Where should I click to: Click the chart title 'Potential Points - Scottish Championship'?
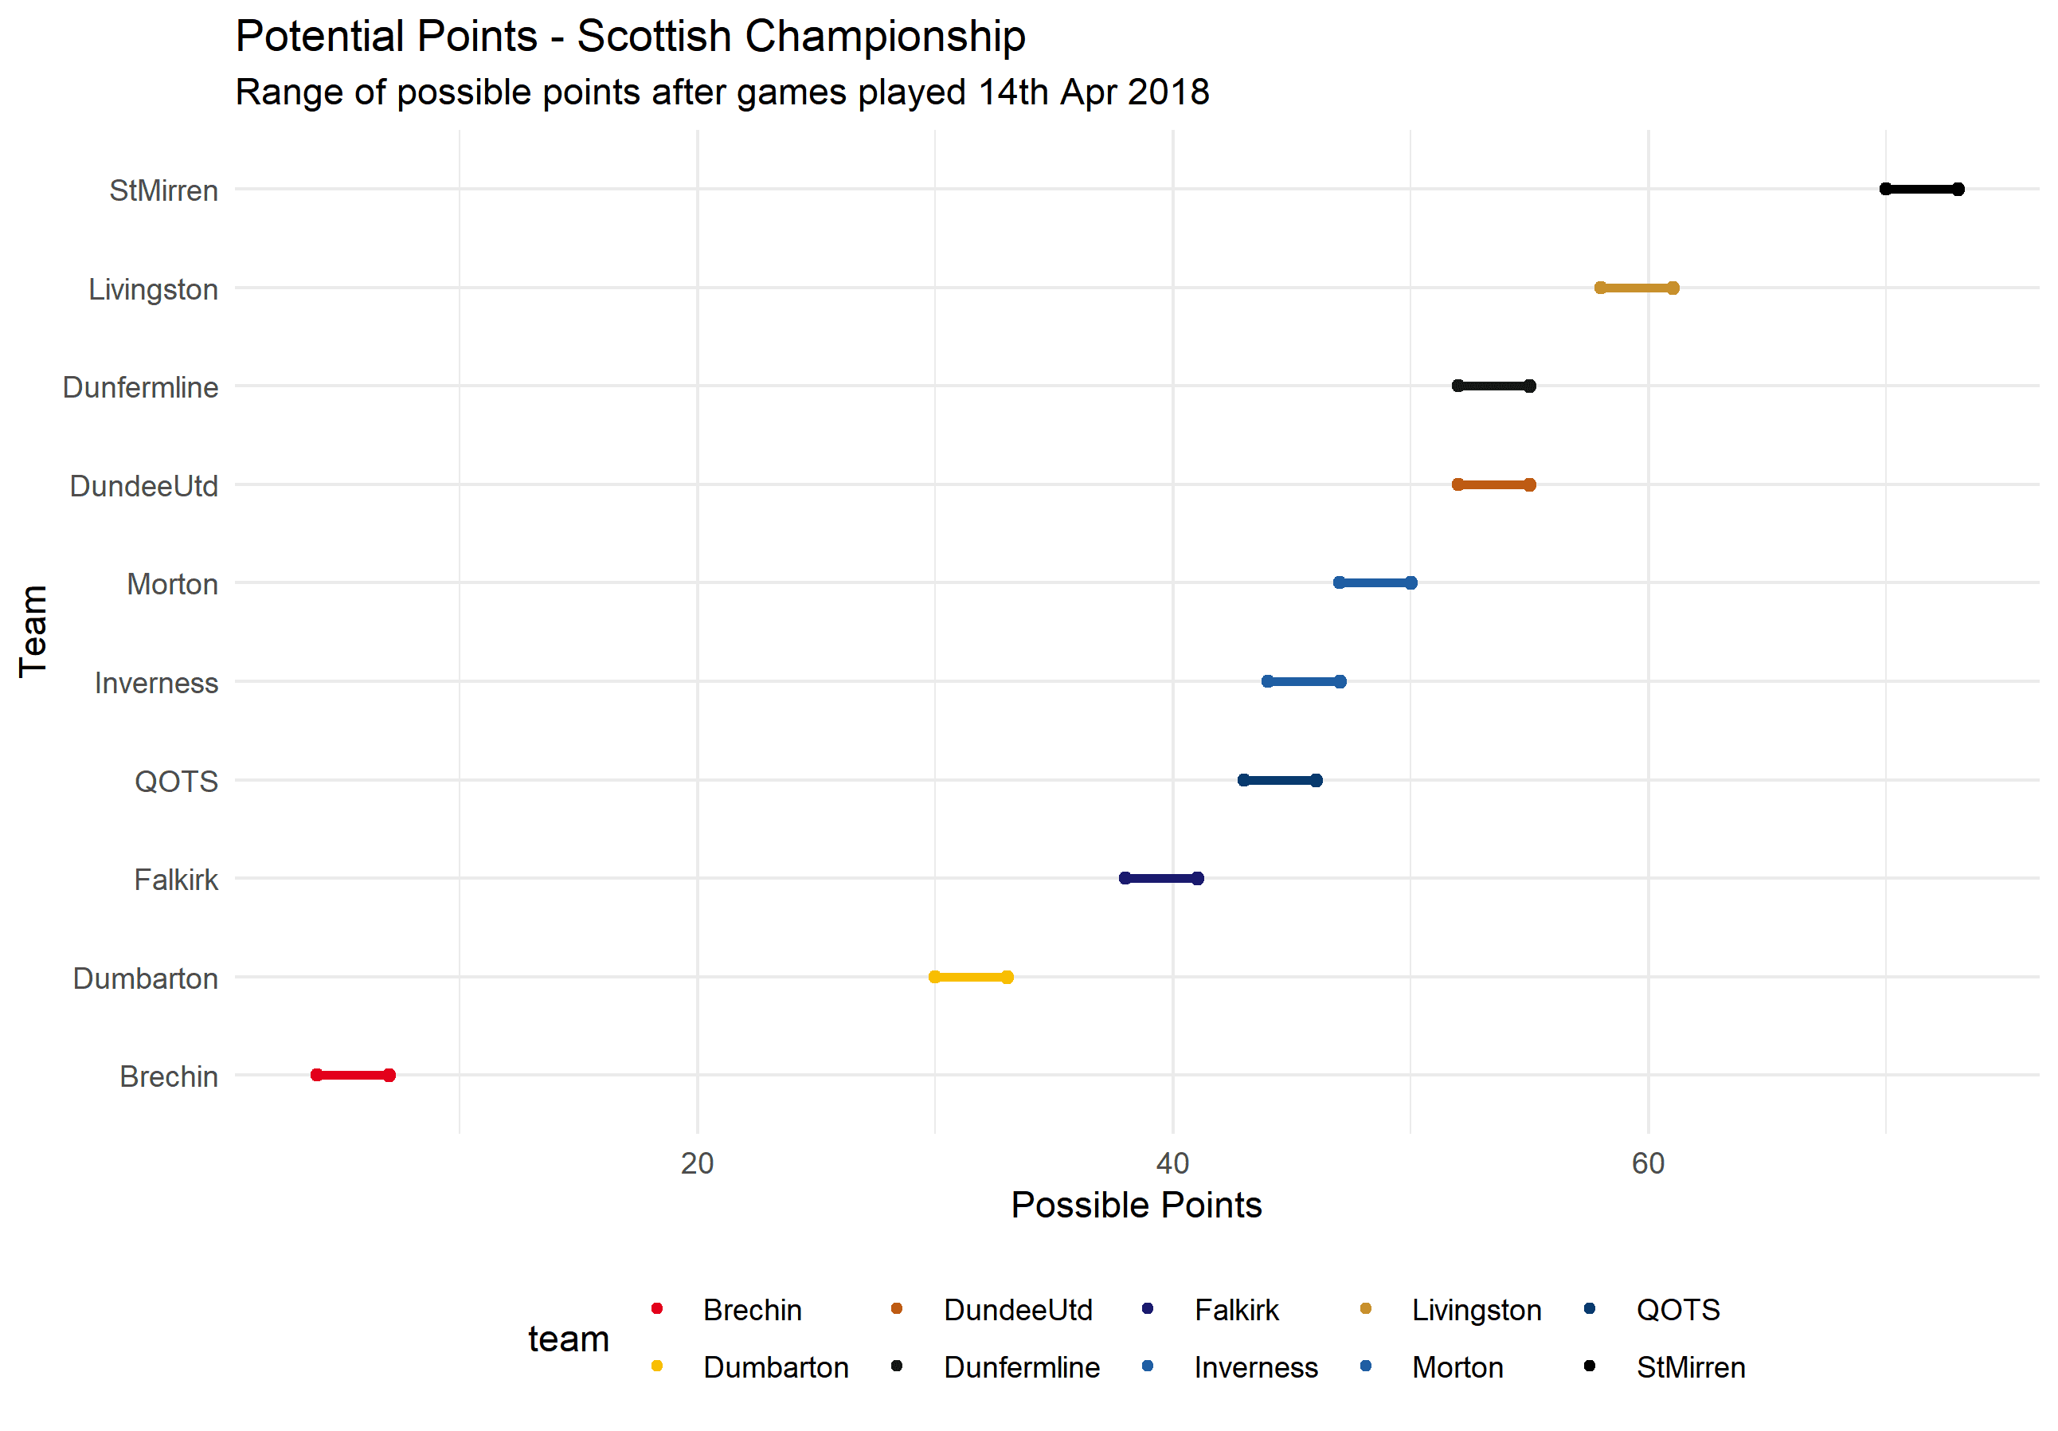[x=629, y=37]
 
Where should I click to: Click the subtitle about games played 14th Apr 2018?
[x=722, y=92]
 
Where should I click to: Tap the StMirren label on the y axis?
[x=163, y=191]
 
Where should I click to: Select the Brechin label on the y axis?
[x=169, y=1076]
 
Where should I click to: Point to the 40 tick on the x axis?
[x=1172, y=1163]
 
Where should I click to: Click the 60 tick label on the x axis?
[x=1648, y=1163]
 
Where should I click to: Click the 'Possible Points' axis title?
[x=1136, y=1205]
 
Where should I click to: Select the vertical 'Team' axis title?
[x=34, y=630]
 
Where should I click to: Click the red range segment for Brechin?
[x=352, y=1075]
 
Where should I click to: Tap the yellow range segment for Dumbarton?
[x=971, y=976]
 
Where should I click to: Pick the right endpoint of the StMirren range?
[x=1958, y=189]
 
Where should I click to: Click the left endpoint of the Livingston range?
[x=1600, y=288]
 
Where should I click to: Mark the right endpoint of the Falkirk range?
[x=1198, y=878]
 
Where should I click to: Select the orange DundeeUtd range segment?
[x=1493, y=485]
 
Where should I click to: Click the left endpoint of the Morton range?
[x=1339, y=582]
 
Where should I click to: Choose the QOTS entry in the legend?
[x=1677, y=1310]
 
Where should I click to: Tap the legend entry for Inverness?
[x=1255, y=1367]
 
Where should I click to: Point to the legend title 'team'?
[x=569, y=1339]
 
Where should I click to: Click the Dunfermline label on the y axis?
[x=141, y=387]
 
